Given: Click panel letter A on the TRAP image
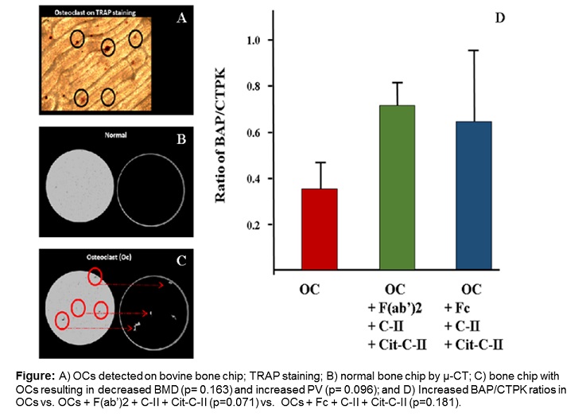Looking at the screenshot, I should point(180,21).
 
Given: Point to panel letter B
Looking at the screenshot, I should point(180,141).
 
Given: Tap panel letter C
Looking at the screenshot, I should point(180,258).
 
